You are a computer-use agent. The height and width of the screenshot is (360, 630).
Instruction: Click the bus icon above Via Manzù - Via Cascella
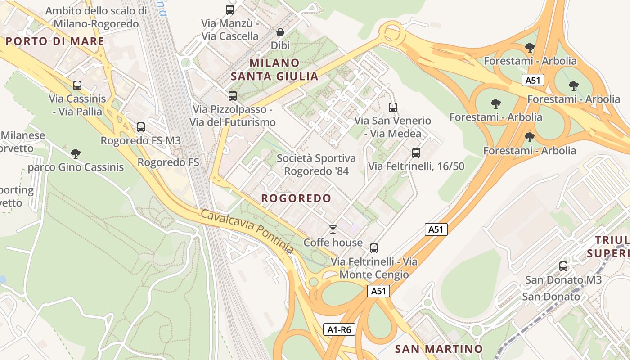point(230,9)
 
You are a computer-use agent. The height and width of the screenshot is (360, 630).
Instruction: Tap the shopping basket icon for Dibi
point(280,32)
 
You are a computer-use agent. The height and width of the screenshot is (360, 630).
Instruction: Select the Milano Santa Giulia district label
point(274,69)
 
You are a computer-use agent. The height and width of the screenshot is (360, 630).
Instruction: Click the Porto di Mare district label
point(55,41)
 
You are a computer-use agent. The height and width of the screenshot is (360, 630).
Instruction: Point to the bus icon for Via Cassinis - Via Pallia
point(77,85)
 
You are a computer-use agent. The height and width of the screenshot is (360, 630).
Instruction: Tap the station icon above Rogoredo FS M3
point(141,127)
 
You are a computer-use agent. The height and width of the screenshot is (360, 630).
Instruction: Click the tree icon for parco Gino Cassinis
point(76,154)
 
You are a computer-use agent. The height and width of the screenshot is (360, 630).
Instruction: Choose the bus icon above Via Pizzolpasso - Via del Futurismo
point(232,95)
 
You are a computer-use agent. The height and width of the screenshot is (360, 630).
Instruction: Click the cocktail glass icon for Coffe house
point(333,229)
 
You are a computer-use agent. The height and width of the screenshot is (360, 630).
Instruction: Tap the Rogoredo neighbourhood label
point(296,198)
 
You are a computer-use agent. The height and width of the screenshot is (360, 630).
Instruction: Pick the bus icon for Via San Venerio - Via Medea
point(393,107)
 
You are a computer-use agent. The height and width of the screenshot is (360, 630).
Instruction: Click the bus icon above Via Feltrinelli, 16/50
point(416,153)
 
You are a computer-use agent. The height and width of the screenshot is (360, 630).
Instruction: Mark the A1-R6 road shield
point(339,330)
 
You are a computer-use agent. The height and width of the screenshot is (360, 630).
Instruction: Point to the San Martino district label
point(439,349)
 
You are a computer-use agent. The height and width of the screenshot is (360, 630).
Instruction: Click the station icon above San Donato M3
point(563,266)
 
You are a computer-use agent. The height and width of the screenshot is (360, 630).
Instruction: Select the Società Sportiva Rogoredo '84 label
point(316,165)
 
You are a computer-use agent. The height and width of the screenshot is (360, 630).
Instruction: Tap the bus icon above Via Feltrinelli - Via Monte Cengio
point(374,248)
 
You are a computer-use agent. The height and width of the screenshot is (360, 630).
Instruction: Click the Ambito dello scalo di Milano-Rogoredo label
point(96,17)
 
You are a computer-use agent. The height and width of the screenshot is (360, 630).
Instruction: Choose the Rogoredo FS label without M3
point(168,162)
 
